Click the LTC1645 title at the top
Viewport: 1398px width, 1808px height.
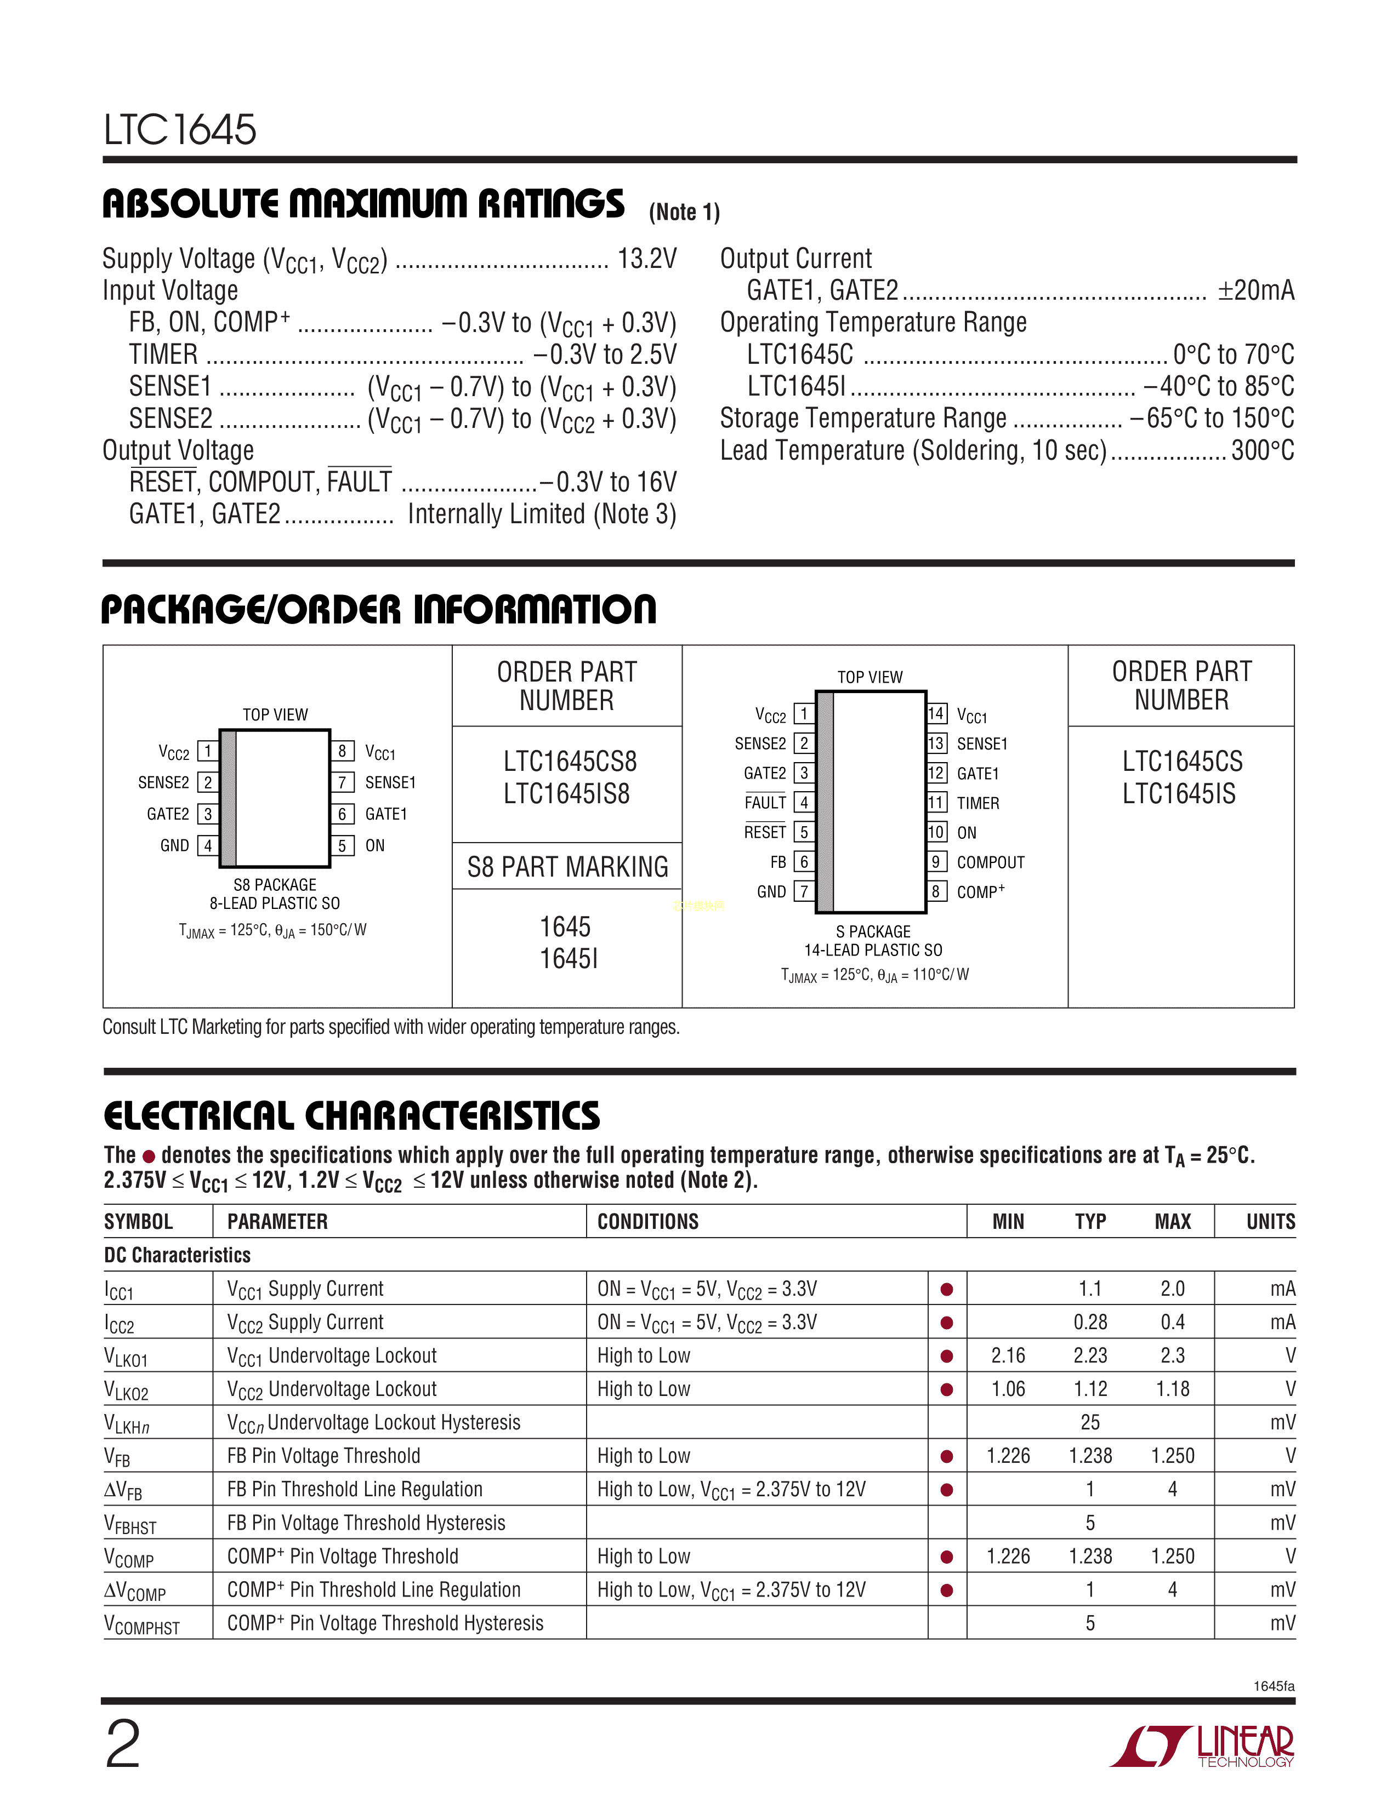180,130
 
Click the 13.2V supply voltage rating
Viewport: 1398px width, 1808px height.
647,259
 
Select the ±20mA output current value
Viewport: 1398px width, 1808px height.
1255,290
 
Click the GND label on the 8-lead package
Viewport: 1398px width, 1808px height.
175,845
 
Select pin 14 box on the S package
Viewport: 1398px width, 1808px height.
936,713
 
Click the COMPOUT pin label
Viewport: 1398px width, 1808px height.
991,862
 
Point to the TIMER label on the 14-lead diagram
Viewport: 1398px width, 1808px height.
978,803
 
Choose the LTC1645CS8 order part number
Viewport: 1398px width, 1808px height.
570,762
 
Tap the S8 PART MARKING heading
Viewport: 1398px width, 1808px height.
567,867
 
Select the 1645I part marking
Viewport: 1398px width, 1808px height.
569,959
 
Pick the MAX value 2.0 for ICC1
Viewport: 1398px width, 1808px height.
1172,1289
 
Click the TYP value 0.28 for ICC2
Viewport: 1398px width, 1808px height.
1090,1322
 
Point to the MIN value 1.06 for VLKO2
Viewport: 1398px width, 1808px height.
1008,1389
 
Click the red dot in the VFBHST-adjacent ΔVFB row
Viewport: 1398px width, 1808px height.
947,1490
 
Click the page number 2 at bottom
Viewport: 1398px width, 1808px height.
123,1744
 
